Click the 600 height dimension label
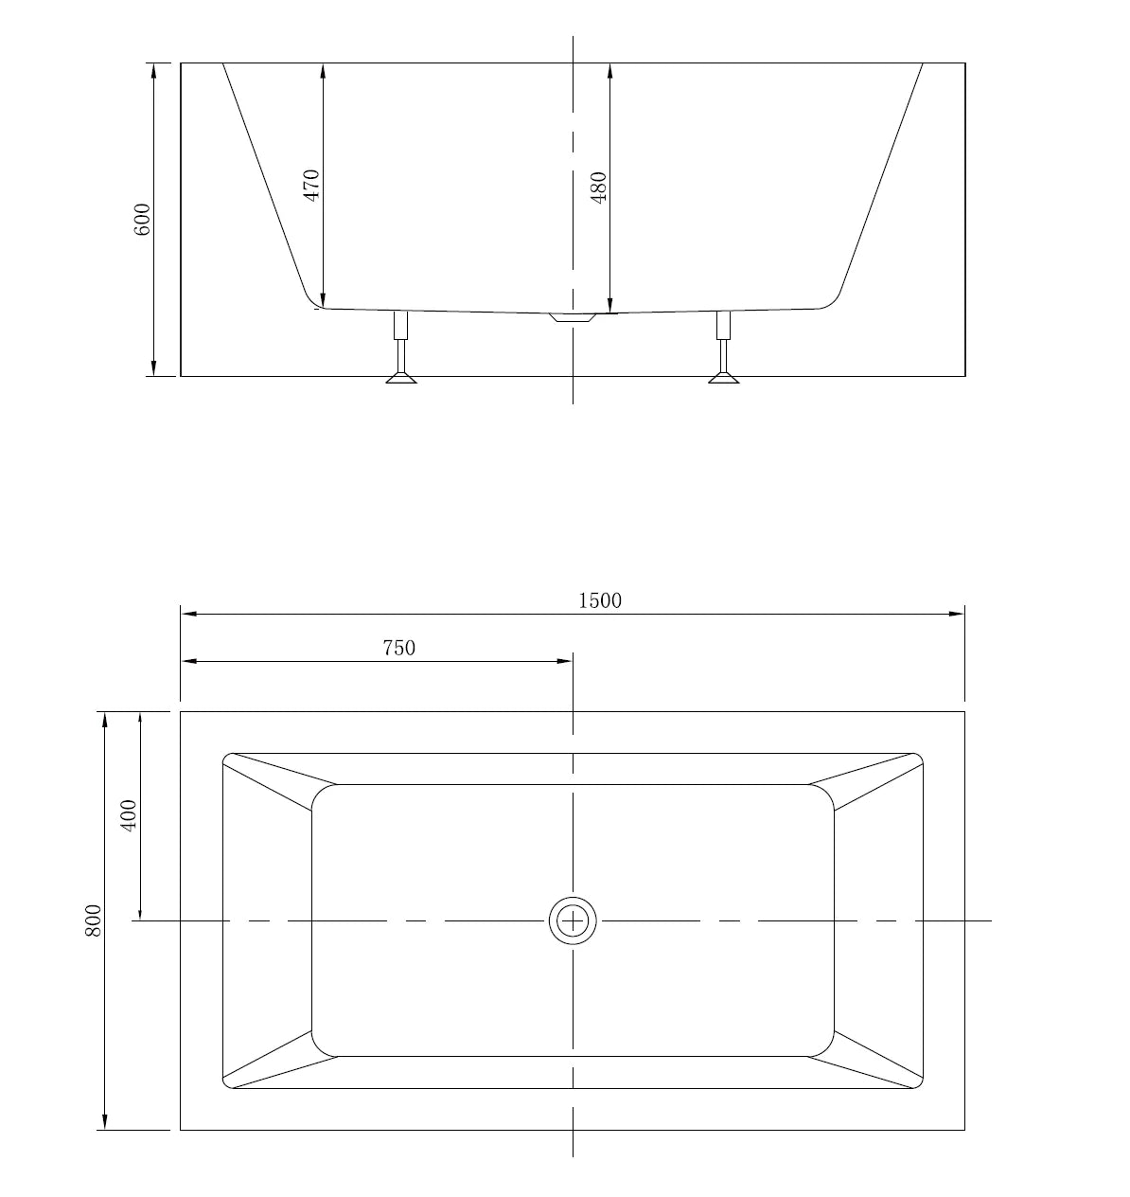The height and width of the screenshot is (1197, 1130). tap(143, 220)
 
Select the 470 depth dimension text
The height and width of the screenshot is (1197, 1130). tap(311, 184)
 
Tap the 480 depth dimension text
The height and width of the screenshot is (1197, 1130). tap(598, 188)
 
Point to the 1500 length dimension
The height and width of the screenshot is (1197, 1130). tap(600, 600)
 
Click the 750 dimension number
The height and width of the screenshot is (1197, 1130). tap(398, 648)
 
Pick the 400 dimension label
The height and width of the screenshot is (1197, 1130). tap(129, 814)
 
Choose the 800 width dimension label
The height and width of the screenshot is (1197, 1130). tap(93, 920)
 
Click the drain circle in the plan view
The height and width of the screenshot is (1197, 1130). tap(573, 920)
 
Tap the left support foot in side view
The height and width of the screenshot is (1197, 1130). tap(401, 376)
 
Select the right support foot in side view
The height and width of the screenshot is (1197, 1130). tap(724, 376)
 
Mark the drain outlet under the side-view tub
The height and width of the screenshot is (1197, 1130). tap(572, 318)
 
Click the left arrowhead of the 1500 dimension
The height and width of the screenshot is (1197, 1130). tap(187, 614)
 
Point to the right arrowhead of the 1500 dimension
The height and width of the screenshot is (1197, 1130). tap(958, 614)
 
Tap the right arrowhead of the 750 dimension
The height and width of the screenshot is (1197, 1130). tap(566, 661)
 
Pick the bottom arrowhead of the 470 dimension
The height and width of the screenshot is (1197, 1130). tap(323, 300)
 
